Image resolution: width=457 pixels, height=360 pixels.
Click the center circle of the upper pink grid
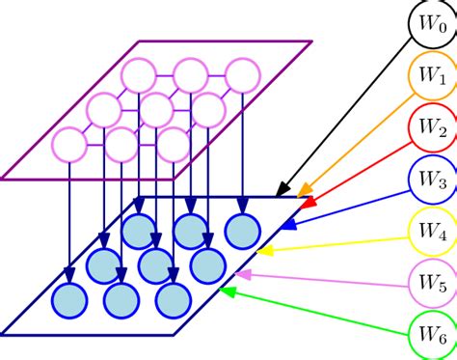156,109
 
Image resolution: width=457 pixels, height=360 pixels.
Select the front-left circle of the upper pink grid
69,145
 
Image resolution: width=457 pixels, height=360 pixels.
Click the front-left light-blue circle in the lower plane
69,299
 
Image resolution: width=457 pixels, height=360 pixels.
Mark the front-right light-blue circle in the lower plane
174,299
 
